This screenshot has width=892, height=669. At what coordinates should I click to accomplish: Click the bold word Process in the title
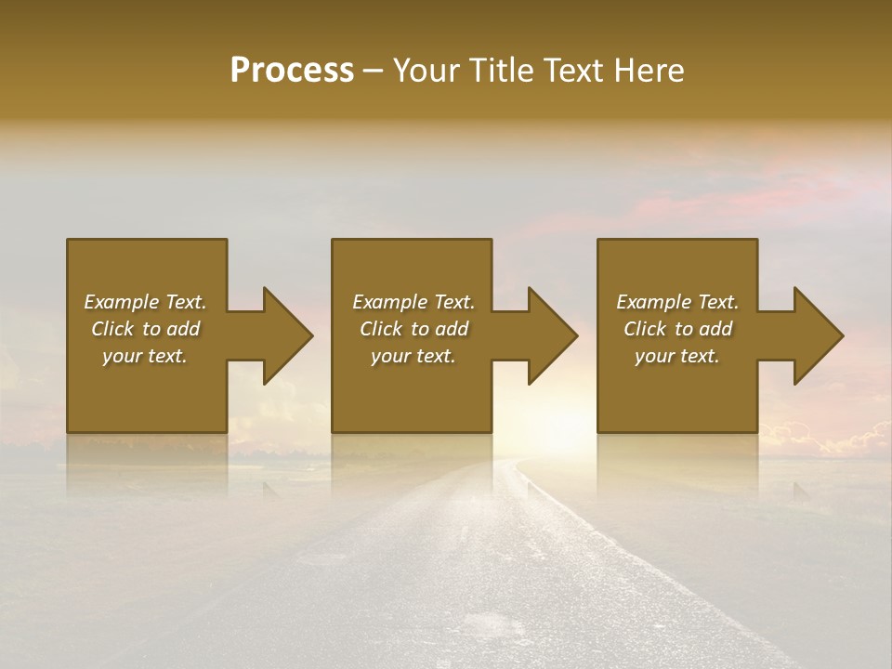(292, 70)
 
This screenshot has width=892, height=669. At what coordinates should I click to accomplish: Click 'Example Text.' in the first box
(145, 302)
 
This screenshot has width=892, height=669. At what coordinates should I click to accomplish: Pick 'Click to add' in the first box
(145, 329)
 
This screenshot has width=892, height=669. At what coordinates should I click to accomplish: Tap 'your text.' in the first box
(145, 356)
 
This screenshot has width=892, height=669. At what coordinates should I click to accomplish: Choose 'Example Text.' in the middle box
(413, 302)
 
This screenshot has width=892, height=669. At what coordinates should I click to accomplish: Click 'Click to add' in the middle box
(413, 329)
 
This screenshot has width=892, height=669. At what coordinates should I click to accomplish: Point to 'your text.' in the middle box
(413, 356)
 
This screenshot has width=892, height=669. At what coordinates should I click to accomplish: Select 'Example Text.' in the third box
(677, 302)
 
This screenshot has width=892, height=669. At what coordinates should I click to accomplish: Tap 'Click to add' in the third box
(677, 329)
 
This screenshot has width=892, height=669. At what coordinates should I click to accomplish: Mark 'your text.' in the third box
(677, 356)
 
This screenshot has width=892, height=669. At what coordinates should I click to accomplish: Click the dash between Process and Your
(373, 72)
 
